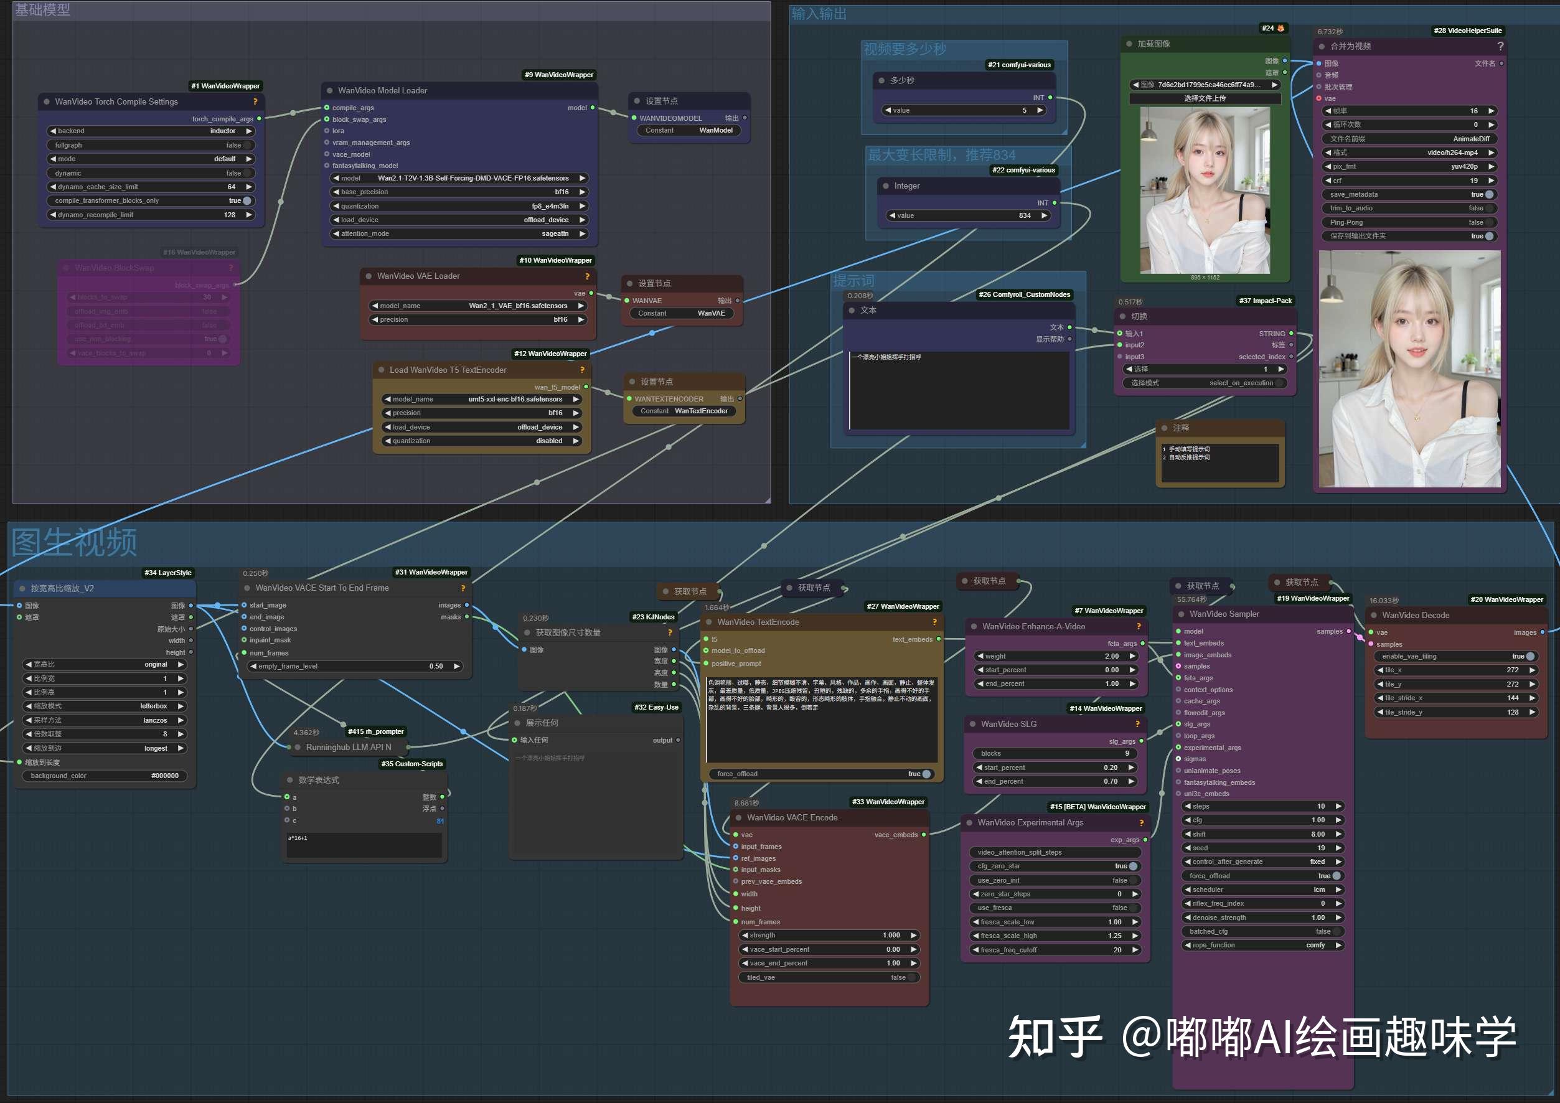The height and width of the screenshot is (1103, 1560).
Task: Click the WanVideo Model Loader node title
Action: point(382,90)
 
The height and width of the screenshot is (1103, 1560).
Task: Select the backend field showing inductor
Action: point(150,131)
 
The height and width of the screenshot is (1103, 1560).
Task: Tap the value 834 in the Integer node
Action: point(968,215)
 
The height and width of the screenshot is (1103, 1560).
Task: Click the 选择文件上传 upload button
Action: point(1204,98)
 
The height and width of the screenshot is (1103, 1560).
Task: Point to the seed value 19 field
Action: point(1262,848)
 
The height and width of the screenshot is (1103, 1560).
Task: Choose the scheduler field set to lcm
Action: point(1262,889)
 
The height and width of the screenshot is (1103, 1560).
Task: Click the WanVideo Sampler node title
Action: point(1224,614)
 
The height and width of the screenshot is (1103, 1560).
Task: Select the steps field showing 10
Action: point(1262,806)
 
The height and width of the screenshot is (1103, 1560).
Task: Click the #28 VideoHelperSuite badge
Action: point(1468,31)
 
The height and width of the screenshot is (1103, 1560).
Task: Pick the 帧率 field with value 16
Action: point(1409,111)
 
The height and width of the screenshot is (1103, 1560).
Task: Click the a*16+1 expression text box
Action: point(364,844)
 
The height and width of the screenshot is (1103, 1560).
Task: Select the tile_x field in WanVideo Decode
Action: point(1455,670)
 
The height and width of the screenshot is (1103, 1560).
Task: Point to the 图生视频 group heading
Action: point(74,542)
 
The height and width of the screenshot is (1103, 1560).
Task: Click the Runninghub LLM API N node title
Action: point(348,747)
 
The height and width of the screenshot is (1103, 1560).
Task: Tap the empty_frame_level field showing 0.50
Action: point(355,666)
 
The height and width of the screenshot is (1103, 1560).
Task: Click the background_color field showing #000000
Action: point(104,776)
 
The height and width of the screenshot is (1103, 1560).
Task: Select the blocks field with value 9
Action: point(1055,753)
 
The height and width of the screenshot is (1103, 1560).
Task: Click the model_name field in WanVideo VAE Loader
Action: point(477,306)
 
